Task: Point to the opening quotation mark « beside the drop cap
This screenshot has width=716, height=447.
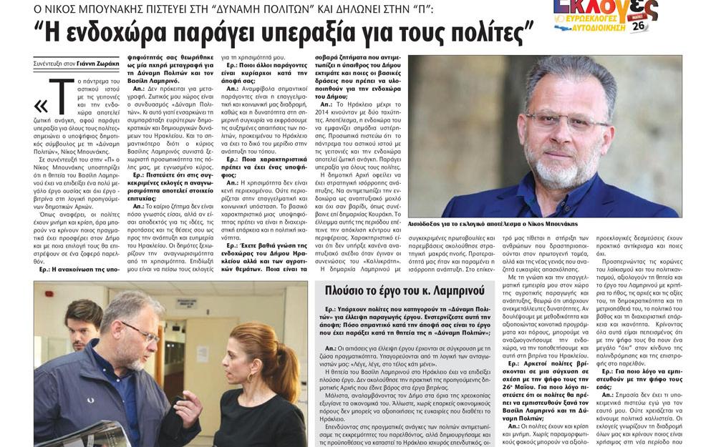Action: (40, 106)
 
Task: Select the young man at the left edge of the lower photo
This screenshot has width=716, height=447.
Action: (82, 325)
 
